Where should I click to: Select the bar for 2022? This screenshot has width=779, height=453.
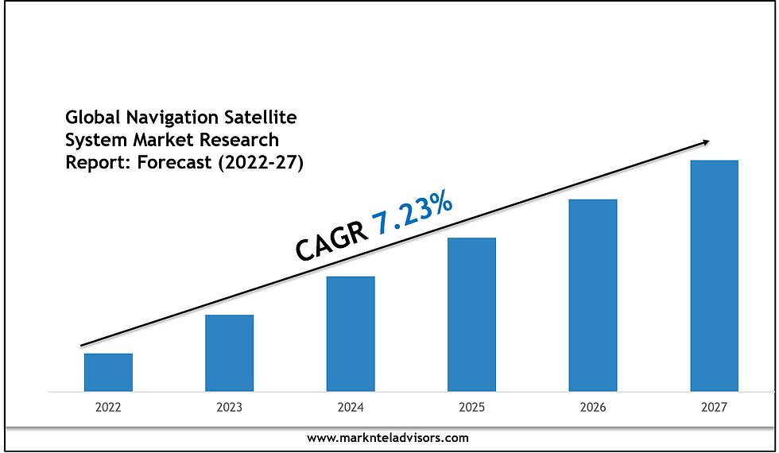pos(108,372)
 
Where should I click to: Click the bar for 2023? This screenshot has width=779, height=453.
pos(229,353)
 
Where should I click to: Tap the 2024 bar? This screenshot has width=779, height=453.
pos(351,334)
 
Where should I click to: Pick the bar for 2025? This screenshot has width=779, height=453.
pos(471,314)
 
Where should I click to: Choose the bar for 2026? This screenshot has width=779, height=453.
pos(593,295)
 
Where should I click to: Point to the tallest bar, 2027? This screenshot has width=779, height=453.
pos(714,276)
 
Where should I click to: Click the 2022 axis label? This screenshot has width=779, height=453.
pos(108,408)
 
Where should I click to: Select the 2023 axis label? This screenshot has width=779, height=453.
pos(229,408)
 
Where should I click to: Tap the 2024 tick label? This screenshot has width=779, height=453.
pos(351,408)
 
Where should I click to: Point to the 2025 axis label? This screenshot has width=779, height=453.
pos(471,408)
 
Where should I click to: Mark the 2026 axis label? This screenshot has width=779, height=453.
pos(593,408)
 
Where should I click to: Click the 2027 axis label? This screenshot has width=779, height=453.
pos(714,408)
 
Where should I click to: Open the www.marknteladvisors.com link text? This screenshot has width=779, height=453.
pos(388,438)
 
